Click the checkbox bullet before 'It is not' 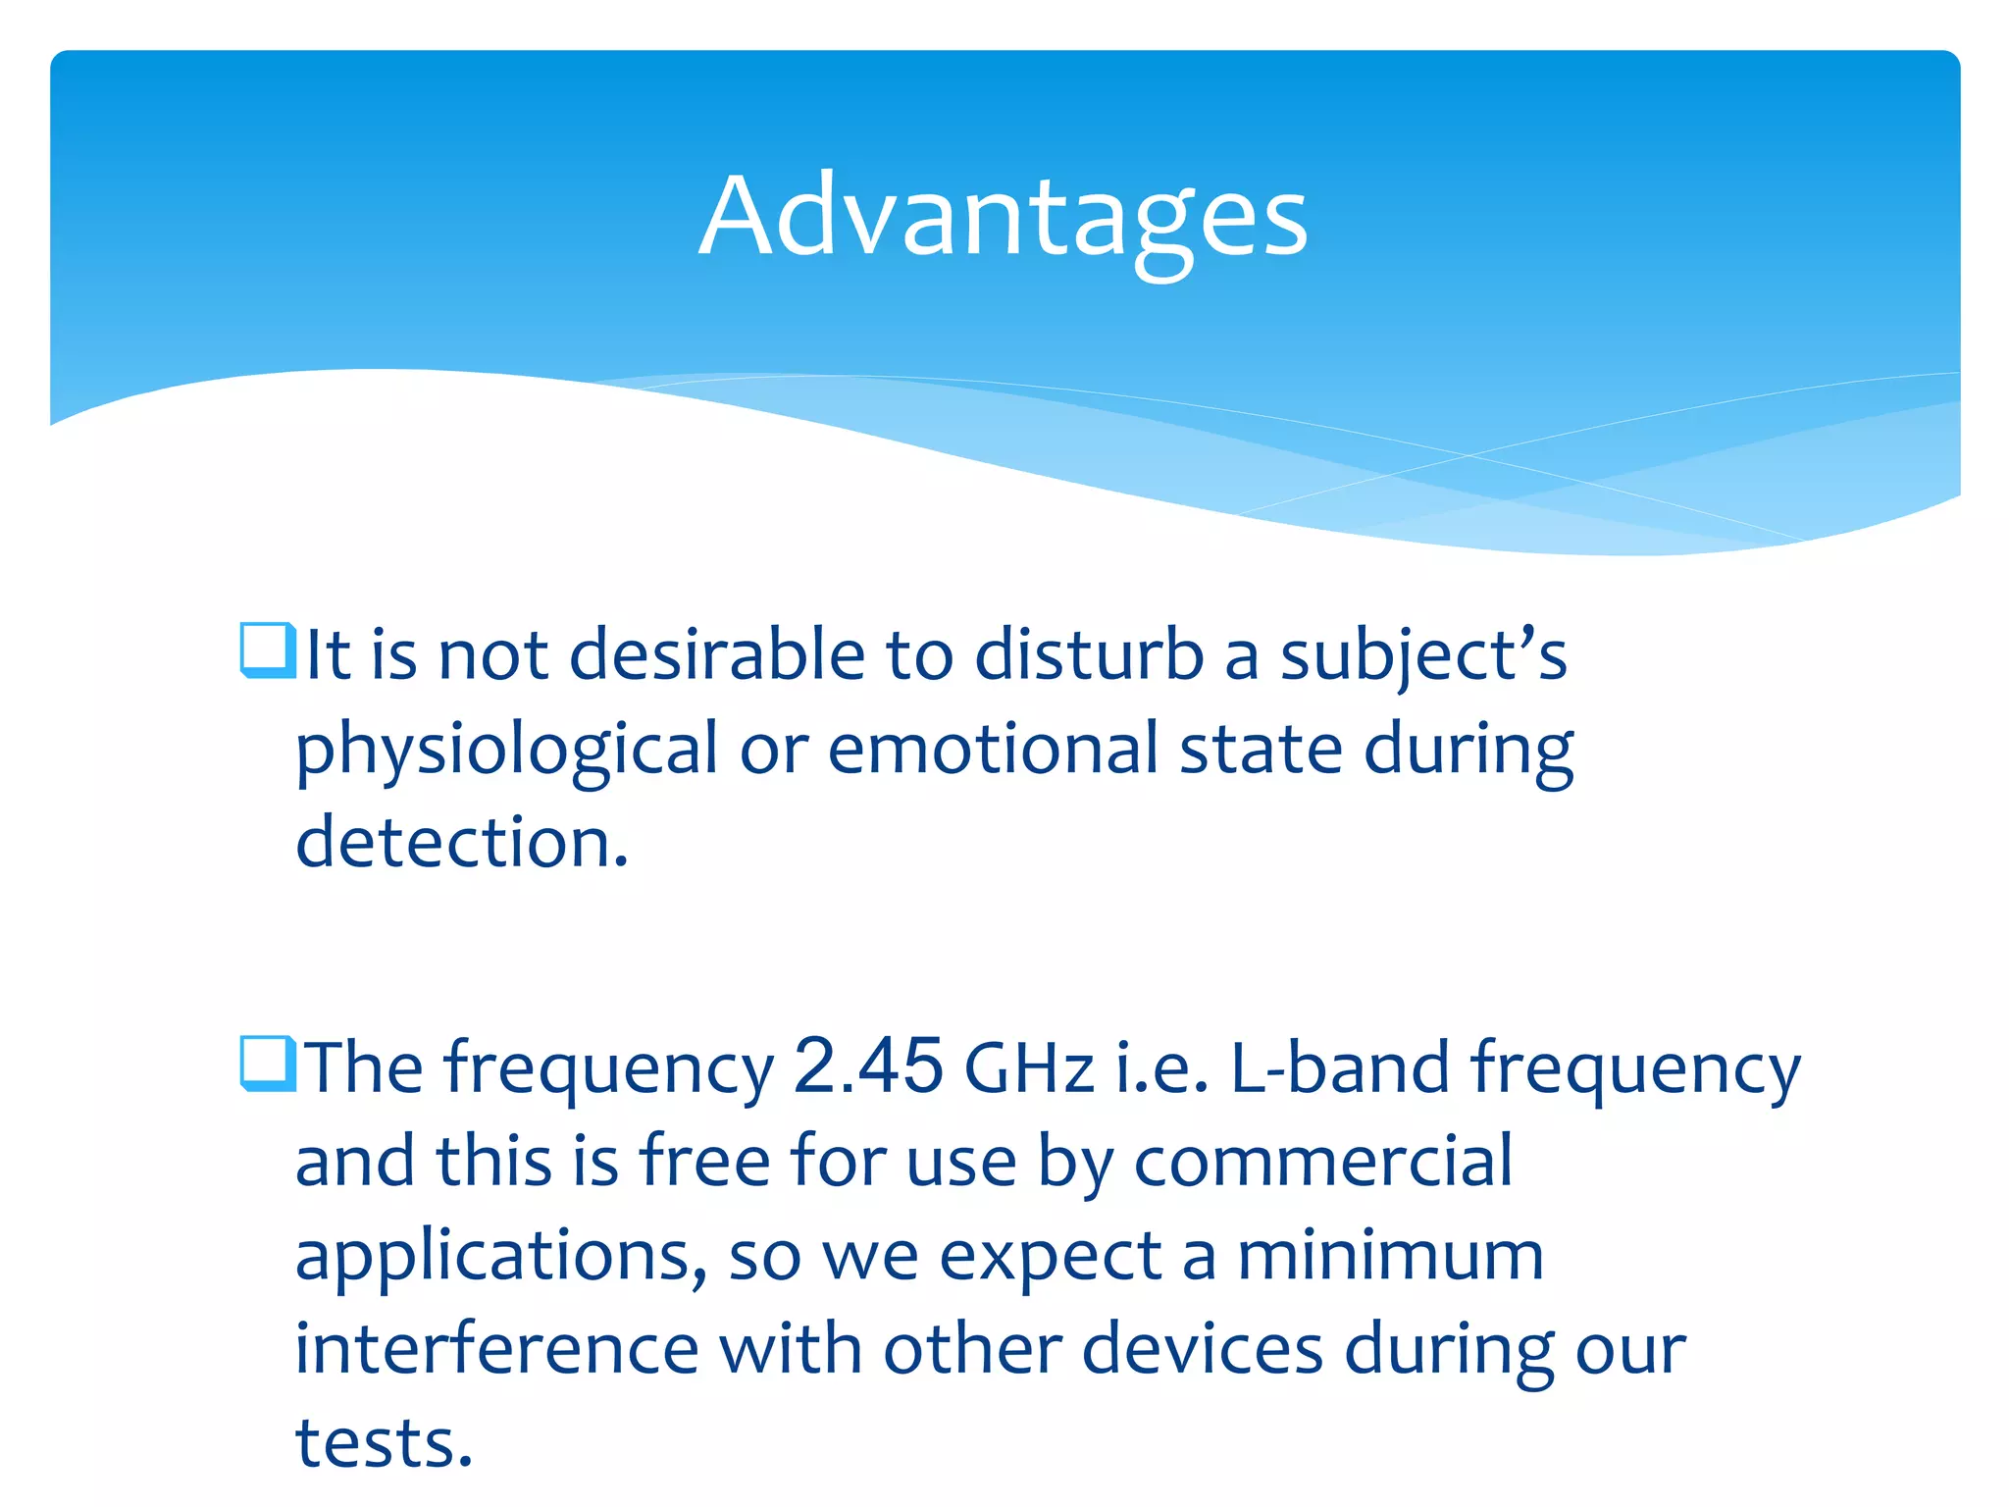coord(267,650)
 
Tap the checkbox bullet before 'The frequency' coord(267,1064)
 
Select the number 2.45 coord(868,1065)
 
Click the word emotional coord(992,750)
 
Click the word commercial coord(1323,1162)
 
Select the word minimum coord(1390,1256)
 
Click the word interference coord(496,1350)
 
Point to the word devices coord(1202,1350)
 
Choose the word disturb coord(1089,655)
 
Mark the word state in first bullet coord(1260,750)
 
